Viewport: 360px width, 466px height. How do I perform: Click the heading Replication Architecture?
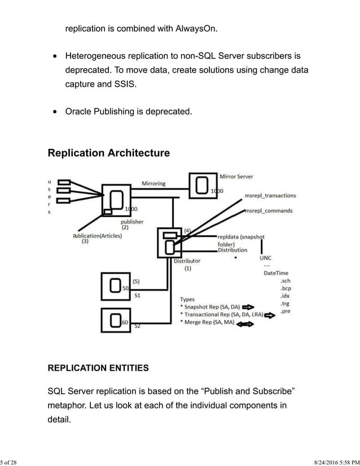[x=108, y=153]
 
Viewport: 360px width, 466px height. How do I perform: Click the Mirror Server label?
[x=236, y=177]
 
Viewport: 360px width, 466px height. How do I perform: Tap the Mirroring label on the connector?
[x=153, y=183]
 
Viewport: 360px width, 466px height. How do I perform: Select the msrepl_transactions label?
[x=270, y=195]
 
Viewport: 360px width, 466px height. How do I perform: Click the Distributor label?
[x=187, y=261]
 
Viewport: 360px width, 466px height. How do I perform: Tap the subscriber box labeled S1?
[x=116, y=287]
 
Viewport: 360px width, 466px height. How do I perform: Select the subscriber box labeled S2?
[x=116, y=320]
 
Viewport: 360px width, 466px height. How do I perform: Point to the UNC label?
[x=265, y=258]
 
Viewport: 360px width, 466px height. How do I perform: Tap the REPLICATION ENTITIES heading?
[x=98, y=368]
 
